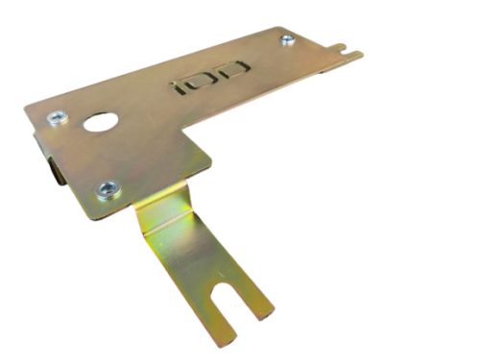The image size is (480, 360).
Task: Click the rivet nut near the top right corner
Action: (x=287, y=39)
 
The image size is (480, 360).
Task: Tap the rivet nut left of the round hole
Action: (x=56, y=118)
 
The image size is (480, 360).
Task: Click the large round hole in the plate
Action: (x=100, y=123)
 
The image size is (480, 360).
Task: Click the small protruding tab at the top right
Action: (x=351, y=54)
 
